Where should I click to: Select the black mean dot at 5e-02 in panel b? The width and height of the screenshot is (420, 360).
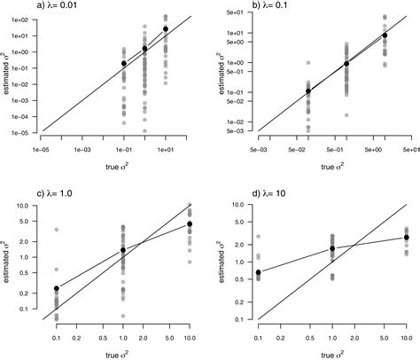click(x=308, y=91)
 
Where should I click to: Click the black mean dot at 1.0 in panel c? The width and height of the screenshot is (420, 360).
click(x=123, y=250)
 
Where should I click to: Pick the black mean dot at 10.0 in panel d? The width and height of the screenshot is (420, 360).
click(x=406, y=237)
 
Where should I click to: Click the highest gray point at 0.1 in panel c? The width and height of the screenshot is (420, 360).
click(x=57, y=230)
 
